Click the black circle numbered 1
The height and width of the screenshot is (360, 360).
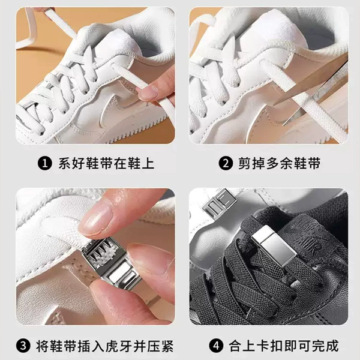(x=45, y=163)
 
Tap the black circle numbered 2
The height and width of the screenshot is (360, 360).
(x=226, y=163)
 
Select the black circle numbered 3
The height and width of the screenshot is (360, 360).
(x=23, y=346)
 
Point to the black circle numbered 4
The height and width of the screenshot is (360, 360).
(x=216, y=346)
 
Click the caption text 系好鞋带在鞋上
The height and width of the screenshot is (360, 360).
(x=106, y=163)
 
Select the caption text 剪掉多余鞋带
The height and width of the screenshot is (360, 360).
(x=279, y=163)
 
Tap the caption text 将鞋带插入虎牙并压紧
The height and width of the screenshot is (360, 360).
(x=105, y=346)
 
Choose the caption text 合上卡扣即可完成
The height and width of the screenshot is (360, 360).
(x=284, y=346)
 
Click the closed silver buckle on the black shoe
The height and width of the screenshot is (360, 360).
(x=274, y=245)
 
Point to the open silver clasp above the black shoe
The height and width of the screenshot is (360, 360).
(x=219, y=204)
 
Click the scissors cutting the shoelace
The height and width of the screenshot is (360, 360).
(x=314, y=89)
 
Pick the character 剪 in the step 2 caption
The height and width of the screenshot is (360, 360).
(x=245, y=163)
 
